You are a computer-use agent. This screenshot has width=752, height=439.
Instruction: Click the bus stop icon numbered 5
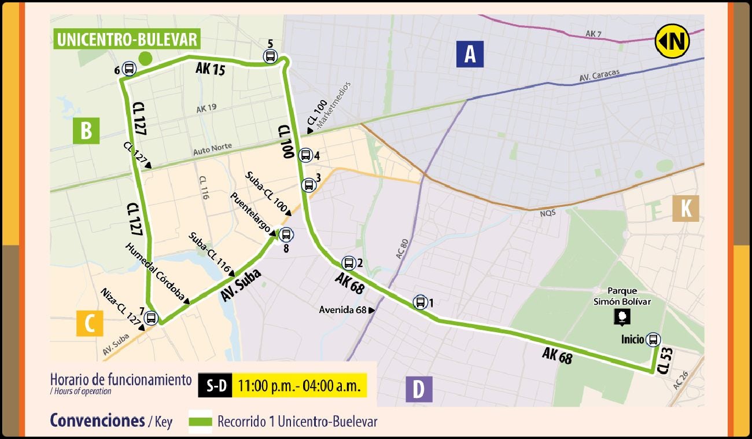pos(270,57)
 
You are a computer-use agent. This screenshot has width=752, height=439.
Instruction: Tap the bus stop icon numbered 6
pos(128,70)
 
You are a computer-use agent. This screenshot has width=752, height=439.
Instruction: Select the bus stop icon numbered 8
pos(285,235)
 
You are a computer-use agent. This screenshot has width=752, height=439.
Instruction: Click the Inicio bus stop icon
pos(653,340)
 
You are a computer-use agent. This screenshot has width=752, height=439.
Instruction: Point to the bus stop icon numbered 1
pos(420,302)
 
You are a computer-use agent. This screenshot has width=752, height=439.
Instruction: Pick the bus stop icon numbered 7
pos(151,317)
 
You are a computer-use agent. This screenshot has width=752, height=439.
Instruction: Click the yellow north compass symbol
pos(672,42)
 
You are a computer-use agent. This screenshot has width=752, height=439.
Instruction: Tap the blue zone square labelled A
pos(470,55)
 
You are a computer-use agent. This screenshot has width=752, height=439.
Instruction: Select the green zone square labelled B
pos(86,131)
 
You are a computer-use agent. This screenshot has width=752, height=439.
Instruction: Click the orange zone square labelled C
pos(90,323)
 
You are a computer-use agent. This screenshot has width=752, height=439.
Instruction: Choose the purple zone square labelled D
pos(419,389)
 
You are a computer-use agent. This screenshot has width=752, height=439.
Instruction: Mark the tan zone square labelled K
pos(685,209)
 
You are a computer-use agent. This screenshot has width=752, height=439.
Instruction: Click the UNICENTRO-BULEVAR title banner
pos(127,40)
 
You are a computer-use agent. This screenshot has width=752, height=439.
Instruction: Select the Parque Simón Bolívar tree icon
pos(622,317)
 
